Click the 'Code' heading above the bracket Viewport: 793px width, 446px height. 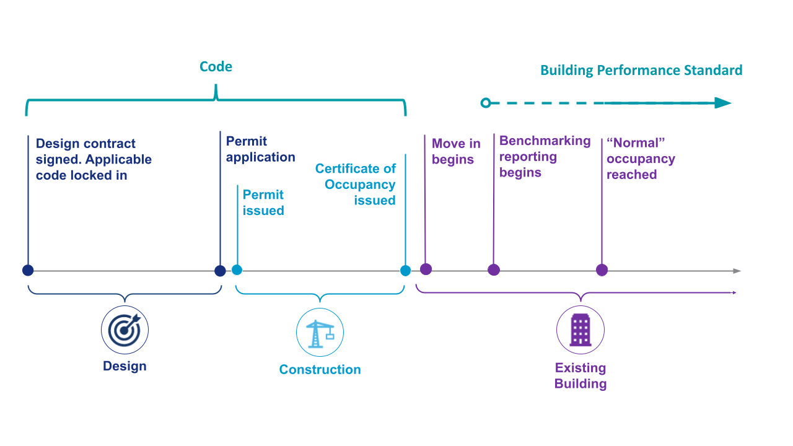coord(216,66)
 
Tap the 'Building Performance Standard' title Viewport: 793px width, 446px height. coord(641,70)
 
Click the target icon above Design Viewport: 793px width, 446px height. coord(125,330)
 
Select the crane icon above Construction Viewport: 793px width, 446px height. coord(320,333)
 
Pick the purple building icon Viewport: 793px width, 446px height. coord(580,330)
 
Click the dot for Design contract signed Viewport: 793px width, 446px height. coord(28,270)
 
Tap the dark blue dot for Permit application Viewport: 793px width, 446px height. coord(220,271)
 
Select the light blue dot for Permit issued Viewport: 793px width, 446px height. coord(237,270)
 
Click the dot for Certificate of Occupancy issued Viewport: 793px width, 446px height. coord(405,271)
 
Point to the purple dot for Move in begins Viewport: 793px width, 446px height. coord(426,269)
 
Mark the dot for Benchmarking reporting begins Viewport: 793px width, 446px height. coord(494,270)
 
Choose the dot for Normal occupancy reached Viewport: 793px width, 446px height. coord(602,270)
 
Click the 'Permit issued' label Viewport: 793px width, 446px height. coord(263,203)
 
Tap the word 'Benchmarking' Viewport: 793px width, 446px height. coord(545,141)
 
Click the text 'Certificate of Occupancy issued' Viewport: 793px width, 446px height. coord(356,184)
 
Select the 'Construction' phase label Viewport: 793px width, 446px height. coord(320,369)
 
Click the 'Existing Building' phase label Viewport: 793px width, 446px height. coord(580,375)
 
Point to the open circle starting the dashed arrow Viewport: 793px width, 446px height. coord(486,103)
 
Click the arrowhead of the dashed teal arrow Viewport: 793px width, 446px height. coord(722,103)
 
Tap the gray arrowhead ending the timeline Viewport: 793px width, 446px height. coord(737,271)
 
